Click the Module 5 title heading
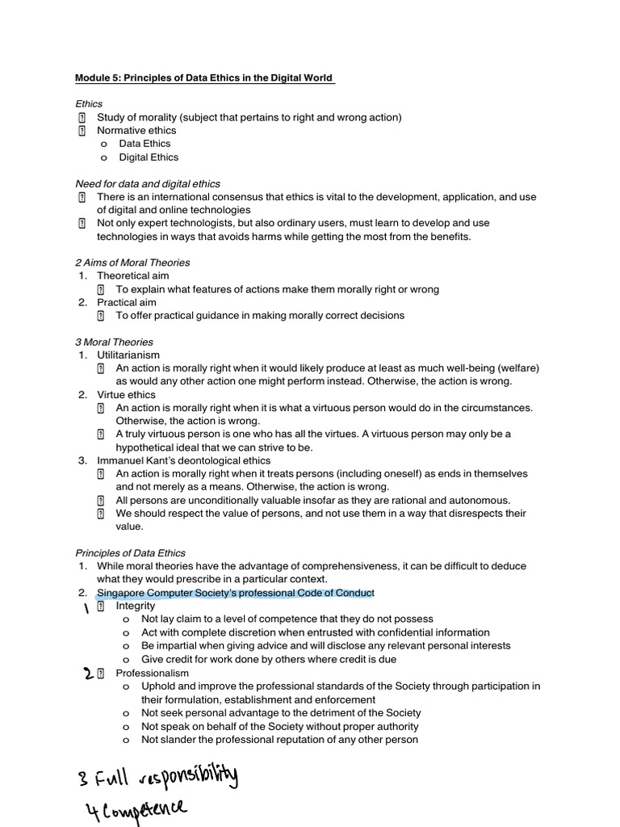coord(204,78)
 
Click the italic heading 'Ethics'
coord(89,104)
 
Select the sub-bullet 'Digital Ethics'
coord(149,157)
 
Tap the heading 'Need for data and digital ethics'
coord(148,183)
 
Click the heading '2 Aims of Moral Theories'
coord(132,262)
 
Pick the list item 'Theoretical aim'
coord(133,276)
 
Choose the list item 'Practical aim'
coord(127,302)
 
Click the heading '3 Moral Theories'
coord(114,342)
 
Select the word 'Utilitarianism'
coord(128,355)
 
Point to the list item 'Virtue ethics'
coord(126,395)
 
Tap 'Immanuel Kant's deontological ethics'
coord(184,460)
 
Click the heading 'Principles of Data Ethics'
coord(130,553)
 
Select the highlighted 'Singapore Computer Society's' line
coord(235,593)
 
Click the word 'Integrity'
coord(135,606)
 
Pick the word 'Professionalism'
coord(152,673)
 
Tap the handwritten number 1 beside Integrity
coord(86,608)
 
